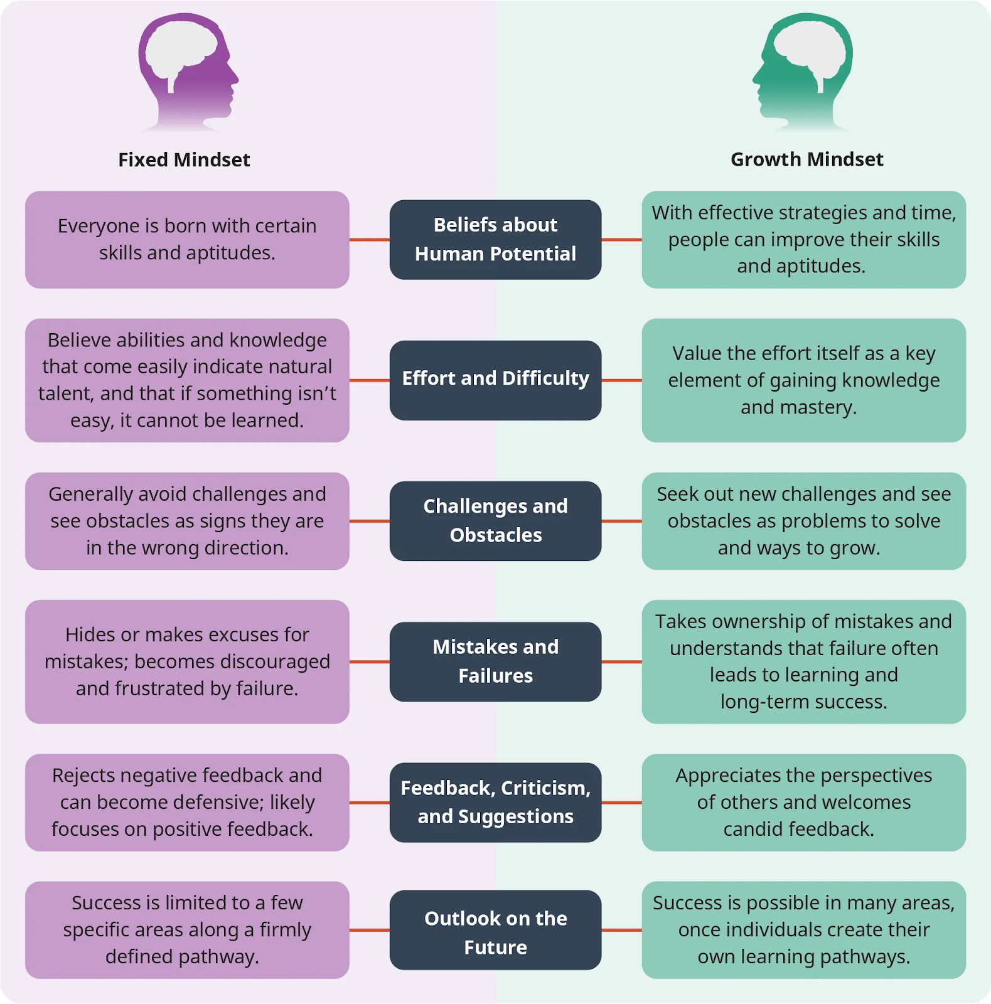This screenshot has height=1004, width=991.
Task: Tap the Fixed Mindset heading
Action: [184, 160]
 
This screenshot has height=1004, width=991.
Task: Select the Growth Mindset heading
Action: [806, 159]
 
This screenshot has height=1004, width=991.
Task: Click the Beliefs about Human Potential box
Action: [495, 240]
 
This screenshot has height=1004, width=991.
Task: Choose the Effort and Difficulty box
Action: [495, 380]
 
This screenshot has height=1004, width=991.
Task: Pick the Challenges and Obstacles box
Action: [495, 521]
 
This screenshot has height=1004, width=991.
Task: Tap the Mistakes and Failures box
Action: [495, 661]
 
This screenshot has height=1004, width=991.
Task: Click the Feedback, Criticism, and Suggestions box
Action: [495, 802]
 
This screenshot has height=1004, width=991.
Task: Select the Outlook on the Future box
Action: [495, 930]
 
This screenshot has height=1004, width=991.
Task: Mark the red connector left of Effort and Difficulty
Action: [369, 380]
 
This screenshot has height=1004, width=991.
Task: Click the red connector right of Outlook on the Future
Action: [621, 930]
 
